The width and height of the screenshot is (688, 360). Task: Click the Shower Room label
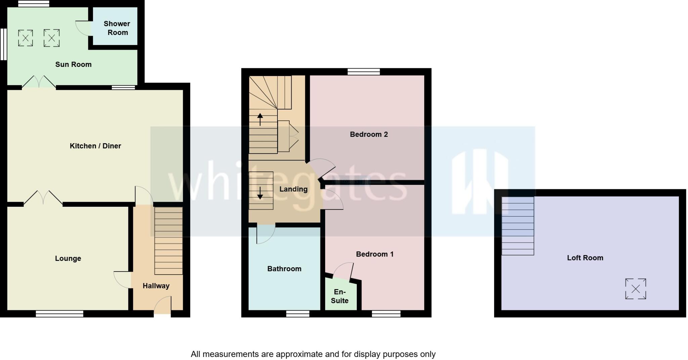pos(117,28)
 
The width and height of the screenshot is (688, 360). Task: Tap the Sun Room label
pos(73,64)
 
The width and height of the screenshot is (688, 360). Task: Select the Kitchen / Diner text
pos(95,146)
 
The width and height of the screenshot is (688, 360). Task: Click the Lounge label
pos(68,258)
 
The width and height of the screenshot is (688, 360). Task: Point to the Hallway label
pos(156,286)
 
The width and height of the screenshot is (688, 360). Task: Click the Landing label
pos(293,189)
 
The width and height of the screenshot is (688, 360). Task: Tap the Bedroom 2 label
pos(369,134)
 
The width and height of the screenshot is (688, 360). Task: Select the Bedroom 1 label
pos(375,254)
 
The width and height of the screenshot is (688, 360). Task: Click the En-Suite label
pos(339,296)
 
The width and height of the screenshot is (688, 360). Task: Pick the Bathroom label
pos(284,269)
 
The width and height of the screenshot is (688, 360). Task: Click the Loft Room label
pos(585,258)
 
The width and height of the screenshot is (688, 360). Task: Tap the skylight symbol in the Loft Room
pos(635,289)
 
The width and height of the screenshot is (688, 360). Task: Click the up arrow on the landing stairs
pos(260,119)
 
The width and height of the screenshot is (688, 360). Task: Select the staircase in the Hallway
pos(168,241)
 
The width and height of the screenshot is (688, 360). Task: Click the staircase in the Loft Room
pos(517,226)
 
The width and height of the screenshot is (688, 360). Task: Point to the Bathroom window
pos(298,314)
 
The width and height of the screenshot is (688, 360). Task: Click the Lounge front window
pos(59,314)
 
